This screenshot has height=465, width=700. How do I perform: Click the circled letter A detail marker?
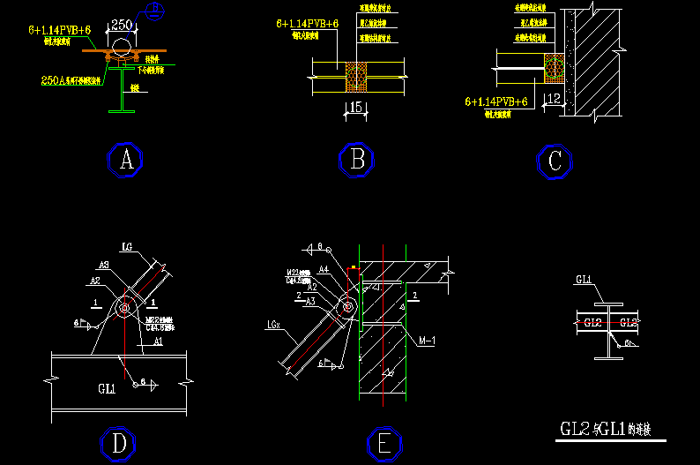[125, 161]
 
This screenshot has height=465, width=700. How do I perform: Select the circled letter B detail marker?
[357, 161]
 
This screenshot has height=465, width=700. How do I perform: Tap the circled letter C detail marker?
[555, 162]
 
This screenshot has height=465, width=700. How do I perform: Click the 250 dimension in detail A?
[123, 26]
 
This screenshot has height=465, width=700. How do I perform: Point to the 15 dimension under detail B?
[355, 108]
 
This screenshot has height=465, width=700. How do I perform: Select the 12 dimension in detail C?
[554, 98]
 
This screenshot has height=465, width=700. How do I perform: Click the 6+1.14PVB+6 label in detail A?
[60, 31]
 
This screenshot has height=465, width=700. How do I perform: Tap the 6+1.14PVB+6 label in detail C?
[496, 102]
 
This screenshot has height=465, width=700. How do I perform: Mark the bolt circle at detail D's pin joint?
[123, 308]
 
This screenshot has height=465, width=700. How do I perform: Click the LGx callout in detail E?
[274, 326]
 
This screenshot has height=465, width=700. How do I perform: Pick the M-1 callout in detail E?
[428, 341]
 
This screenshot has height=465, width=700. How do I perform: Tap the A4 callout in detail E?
[324, 268]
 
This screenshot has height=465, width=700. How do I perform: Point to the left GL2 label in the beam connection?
[592, 322]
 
